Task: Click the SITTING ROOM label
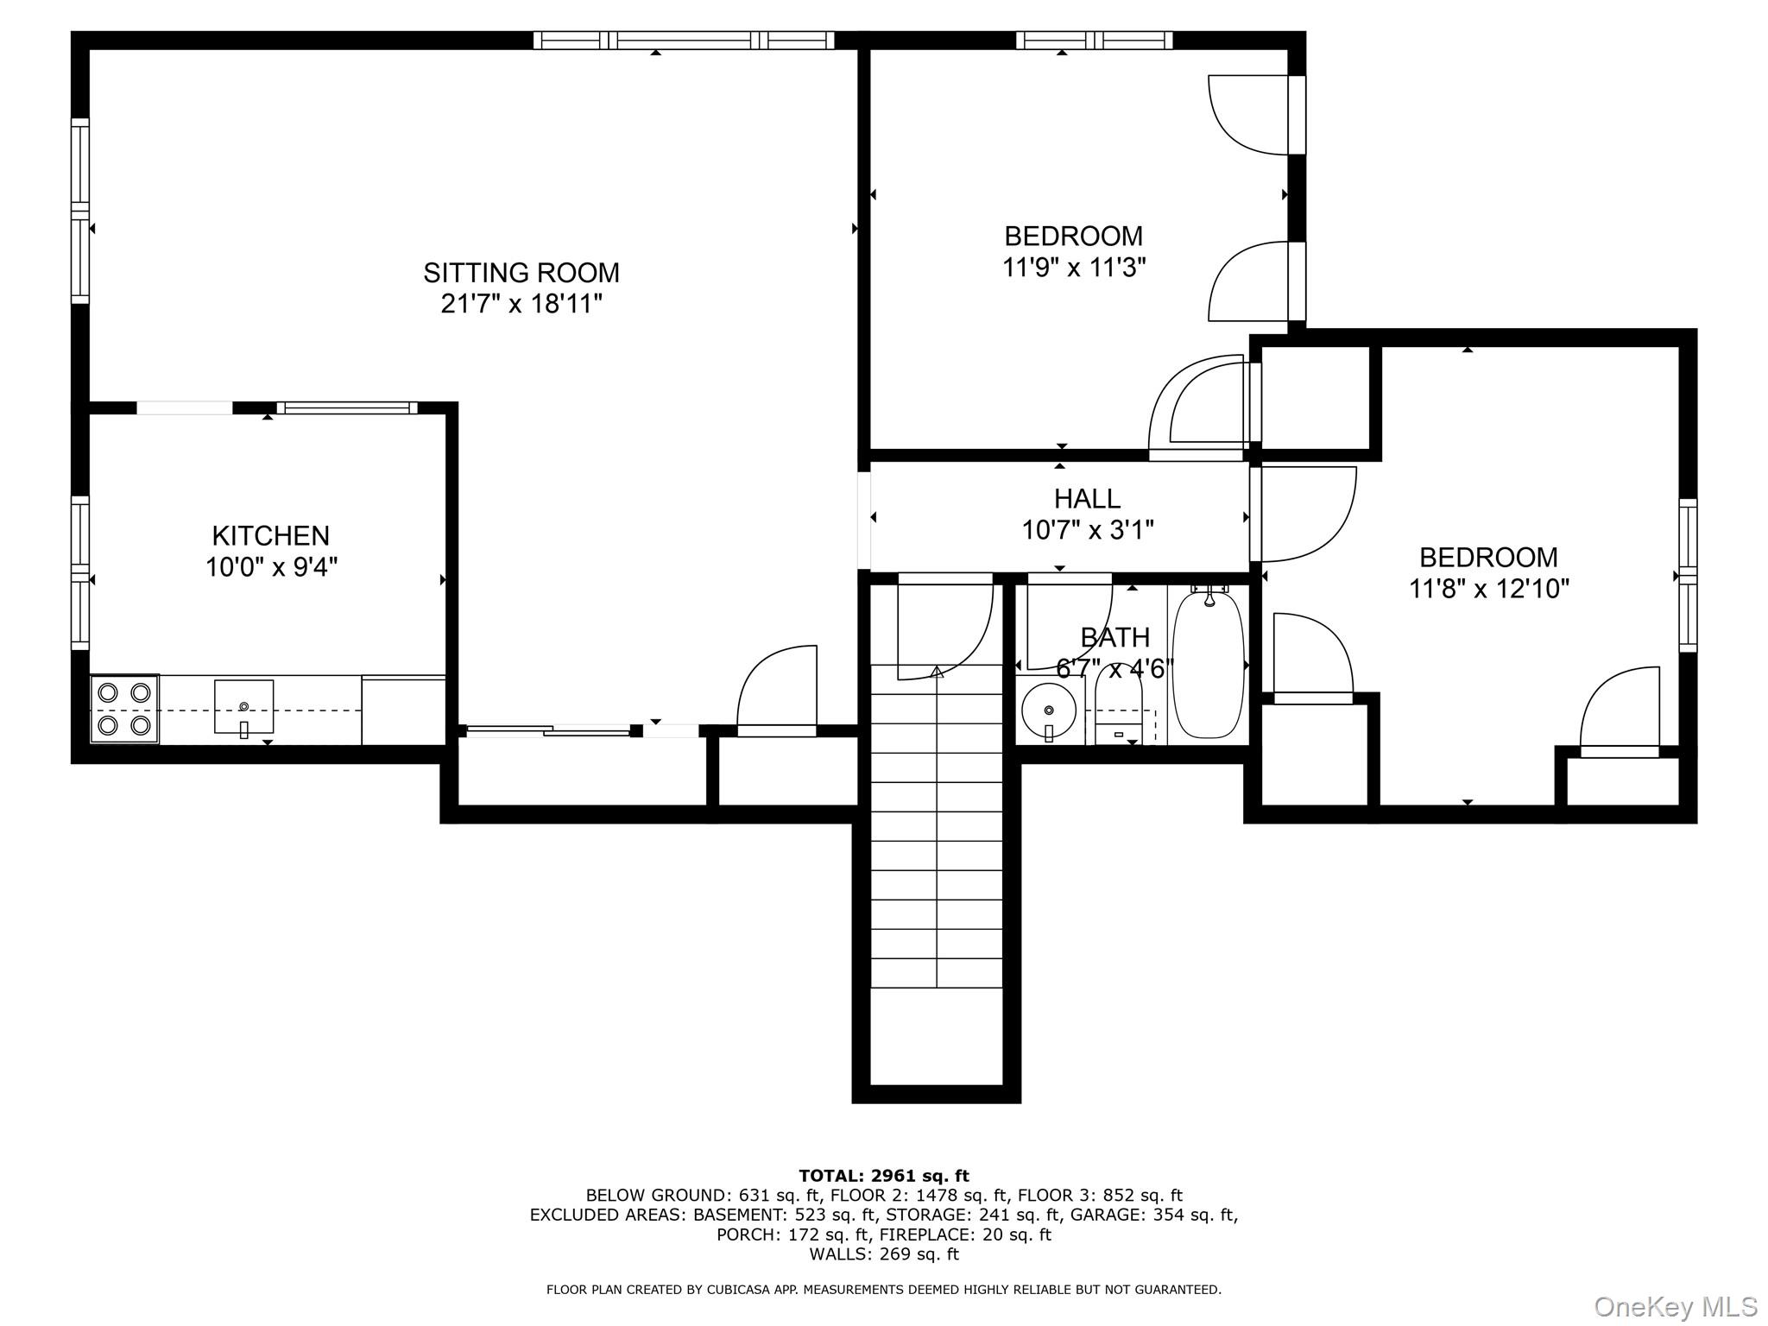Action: [521, 273]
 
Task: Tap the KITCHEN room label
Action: [270, 536]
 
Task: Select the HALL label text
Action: [1087, 498]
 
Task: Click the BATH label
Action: [1114, 637]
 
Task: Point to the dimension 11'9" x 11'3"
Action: [1073, 268]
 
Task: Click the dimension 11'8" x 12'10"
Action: [1488, 589]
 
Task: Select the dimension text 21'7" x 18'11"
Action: [521, 304]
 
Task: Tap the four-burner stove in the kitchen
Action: [124, 709]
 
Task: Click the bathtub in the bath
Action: [1208, 663]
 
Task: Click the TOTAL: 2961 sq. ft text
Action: [883, 1176]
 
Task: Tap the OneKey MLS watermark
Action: [1676, 1306]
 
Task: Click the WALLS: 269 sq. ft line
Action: [883, 1254]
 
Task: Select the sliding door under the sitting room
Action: [549, 731]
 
